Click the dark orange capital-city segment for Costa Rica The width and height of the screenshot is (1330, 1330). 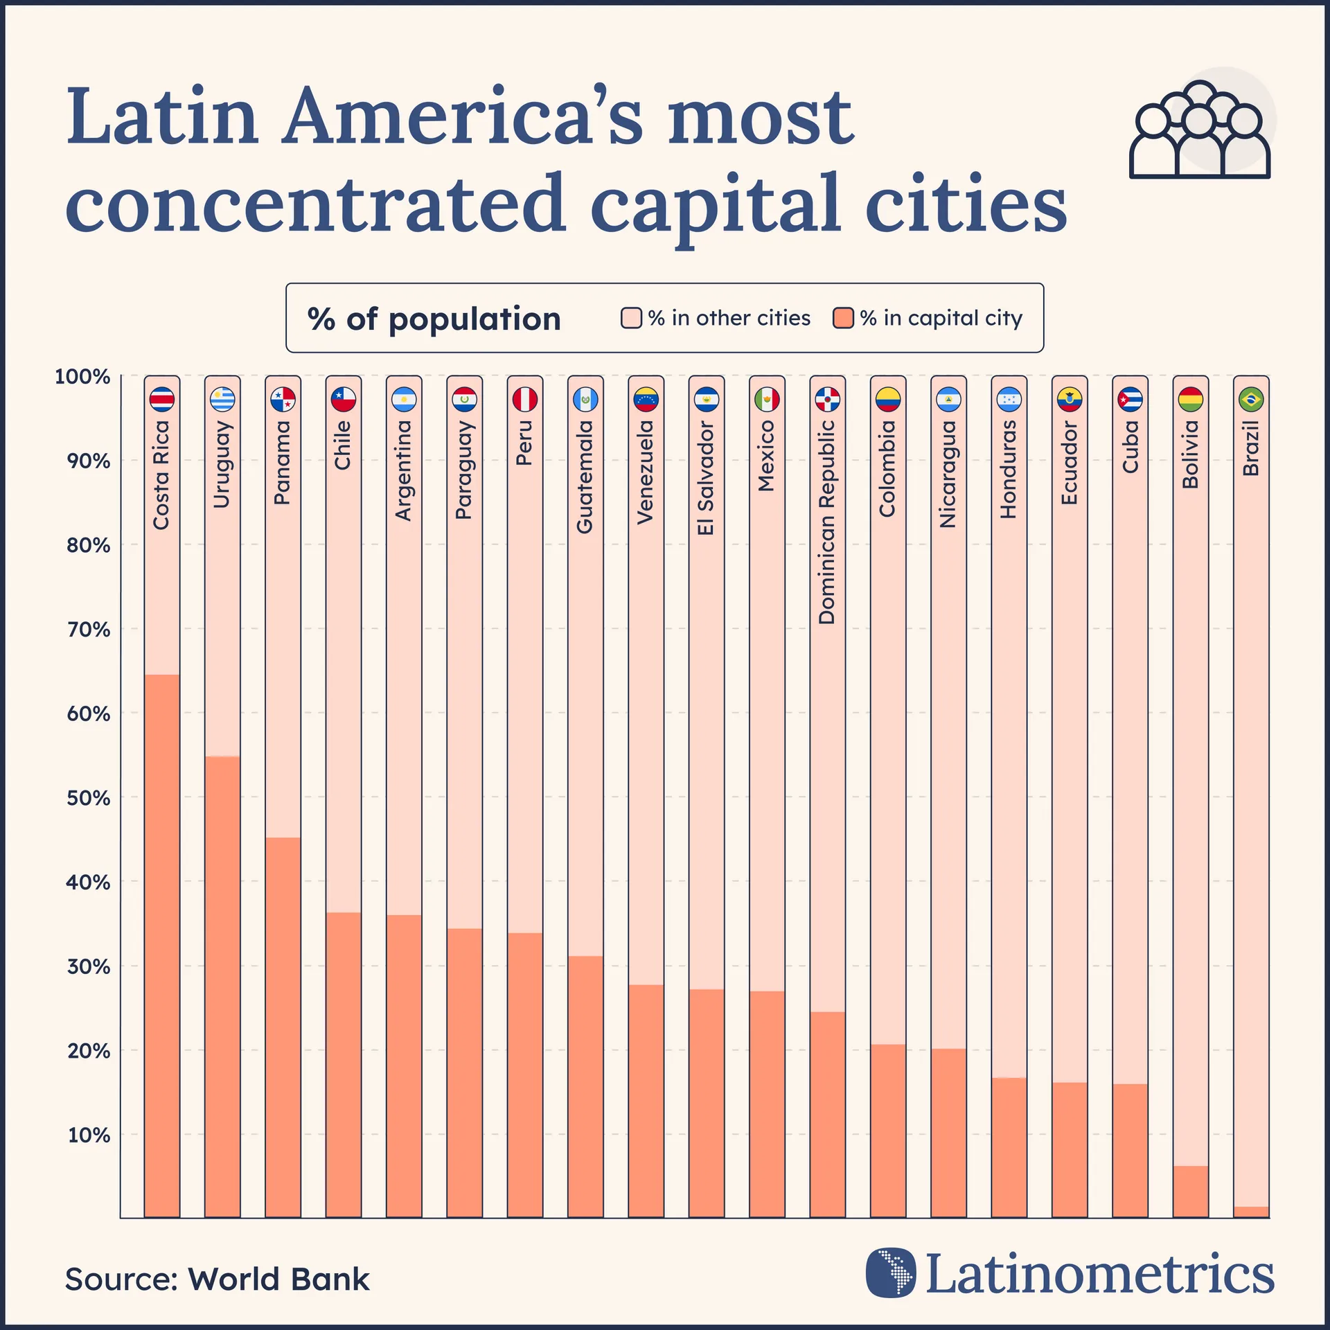(162, 946)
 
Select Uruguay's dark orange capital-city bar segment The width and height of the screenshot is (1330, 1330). (222, 987)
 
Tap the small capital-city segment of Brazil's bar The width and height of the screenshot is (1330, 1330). (1251, 1212)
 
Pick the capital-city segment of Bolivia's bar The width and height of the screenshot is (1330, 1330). (1191, 1191)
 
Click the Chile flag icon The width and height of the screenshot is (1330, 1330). (344, 400)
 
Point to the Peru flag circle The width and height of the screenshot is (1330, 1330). (525, 400)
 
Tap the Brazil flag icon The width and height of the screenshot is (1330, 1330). (1251, 400)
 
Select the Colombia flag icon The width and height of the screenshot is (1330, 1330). (888, 400)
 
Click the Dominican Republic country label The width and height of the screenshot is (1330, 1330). (827, 522)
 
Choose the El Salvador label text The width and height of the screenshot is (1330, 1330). (706, 478)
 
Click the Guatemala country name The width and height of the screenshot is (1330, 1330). (585, 477)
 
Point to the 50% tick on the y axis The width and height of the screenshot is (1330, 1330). (88, 798)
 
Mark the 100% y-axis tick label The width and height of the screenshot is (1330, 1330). (82, 377)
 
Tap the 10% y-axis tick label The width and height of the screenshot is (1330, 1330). (88, 1135)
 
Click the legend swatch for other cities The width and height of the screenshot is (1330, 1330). (631, 319)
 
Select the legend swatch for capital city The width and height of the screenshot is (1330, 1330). (843, 319)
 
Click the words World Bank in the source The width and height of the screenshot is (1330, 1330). (278, 1279)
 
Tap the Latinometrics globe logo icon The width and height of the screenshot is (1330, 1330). (891, 1273)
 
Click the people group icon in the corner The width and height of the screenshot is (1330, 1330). (1200, 132)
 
